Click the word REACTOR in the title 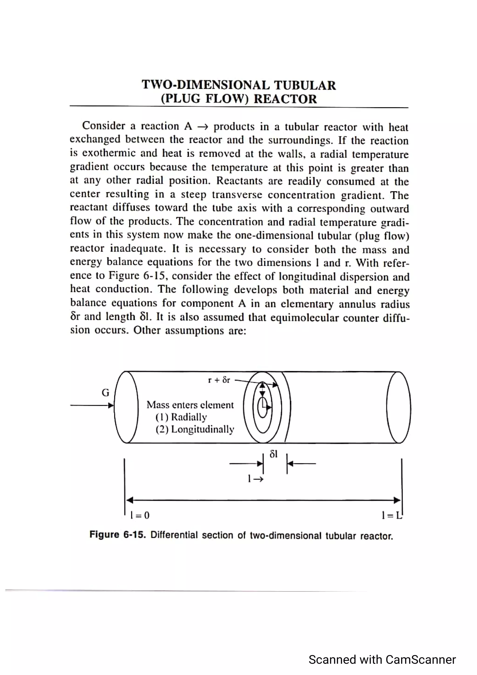(x=285, y=99)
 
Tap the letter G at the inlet (x=105, y=392)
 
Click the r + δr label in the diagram (x=219, y=380)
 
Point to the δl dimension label (x=273, y=454)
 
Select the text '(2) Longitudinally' (x=194, y=429)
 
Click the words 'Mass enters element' (x=190, y=405)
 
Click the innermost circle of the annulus (x=262, y=407)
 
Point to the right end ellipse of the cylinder (x=399, y=407)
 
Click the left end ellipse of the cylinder (x=126, y=407)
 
